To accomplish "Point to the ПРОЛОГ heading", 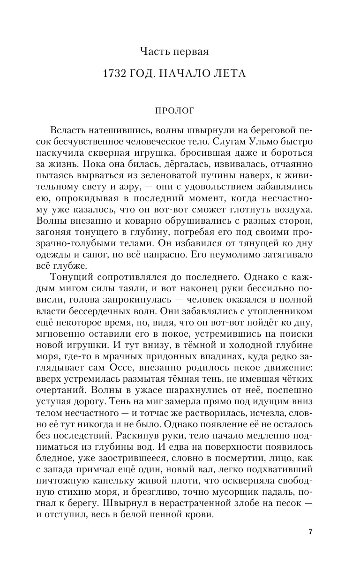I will tap(180, 111).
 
